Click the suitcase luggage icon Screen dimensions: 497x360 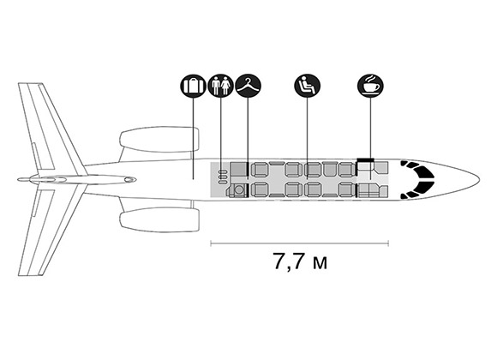pos(193,86)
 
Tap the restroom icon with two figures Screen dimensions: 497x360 pos(220,86)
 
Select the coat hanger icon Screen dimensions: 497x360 pos(248,86)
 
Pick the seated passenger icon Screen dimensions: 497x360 pos(307,86)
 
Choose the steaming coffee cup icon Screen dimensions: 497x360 pos(370,86)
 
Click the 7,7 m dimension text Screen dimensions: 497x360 pos(300,261)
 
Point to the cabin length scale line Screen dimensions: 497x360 pos(300,243)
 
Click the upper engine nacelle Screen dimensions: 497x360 pos(159,140)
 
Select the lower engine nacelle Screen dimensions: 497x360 pos(159,219)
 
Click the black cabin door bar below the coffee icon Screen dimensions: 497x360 pos(365,159)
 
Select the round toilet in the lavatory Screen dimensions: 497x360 pos(239,189)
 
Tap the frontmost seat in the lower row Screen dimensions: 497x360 pos(347,189)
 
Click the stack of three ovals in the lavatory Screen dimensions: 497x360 pos(223,177)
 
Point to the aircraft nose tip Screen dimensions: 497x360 pos(480,180)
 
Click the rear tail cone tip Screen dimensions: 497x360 pos(18,180)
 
